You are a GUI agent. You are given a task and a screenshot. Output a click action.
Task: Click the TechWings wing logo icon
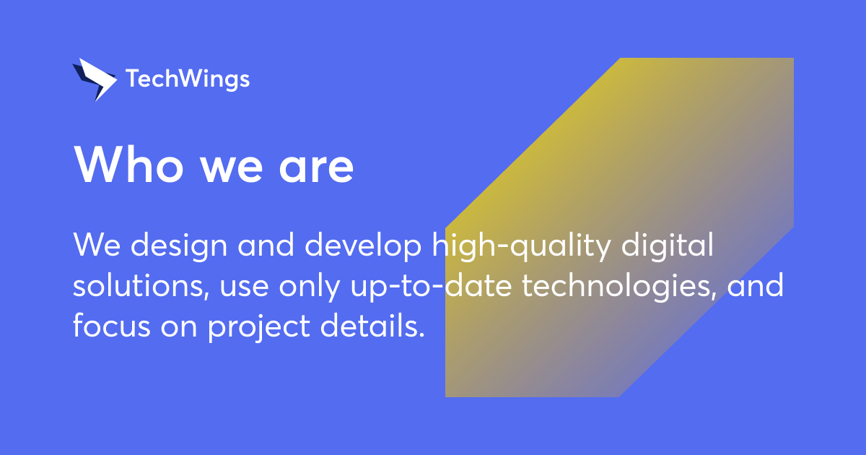pyautogui.click(x=94, y=79)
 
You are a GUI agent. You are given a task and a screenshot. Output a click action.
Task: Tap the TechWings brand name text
pyautogui.click(x=188, y=79)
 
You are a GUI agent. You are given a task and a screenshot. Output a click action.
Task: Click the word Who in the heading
pyautogui.click(x=122, y=165)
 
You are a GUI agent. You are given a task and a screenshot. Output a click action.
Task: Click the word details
pyautogui.click(x=370, y=327)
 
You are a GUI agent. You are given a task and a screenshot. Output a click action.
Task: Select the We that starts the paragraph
pyautogui.click(x=90, y=246)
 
